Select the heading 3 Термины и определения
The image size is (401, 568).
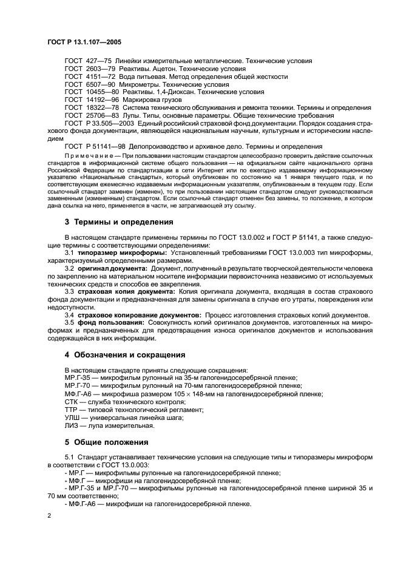click(x=119, y=221)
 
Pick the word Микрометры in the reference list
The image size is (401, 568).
click(x=144, y=85)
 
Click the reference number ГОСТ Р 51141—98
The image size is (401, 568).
click(x=96, y=146)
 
